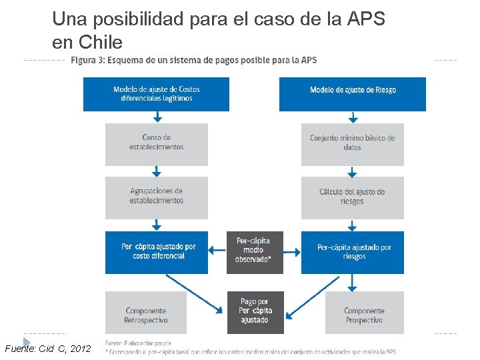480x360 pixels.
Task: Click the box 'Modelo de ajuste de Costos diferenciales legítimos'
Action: pos(156,94)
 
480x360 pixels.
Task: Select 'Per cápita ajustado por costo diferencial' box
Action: pos(156,252)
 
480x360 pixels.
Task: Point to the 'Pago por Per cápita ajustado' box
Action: pos(254,312)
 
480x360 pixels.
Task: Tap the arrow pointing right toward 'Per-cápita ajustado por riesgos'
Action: pos(291,252)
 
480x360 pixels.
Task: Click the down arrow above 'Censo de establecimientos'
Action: pos(156,117)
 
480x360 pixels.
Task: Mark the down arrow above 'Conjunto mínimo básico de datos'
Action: pos(352,117)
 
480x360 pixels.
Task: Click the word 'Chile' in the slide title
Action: pos(100,43)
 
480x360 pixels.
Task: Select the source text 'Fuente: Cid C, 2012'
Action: pos(47,349)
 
